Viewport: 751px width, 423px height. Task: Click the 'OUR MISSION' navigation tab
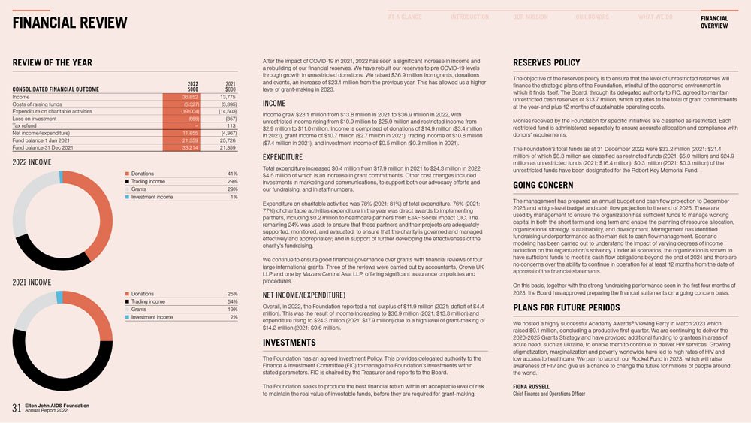point(530,17)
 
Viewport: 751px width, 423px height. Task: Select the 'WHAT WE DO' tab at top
point(655,17)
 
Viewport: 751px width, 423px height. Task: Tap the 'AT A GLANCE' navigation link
point(405,17)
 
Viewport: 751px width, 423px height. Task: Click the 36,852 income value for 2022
point(188,97)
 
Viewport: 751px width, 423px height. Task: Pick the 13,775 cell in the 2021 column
point(227,97)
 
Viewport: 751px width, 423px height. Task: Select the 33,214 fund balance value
point(188,147)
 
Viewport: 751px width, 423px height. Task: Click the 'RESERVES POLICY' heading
point(546,62)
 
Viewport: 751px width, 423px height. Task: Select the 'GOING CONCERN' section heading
point(543,186)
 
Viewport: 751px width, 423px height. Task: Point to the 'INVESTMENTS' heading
point(288,343)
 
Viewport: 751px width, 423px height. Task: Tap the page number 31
point(17,408)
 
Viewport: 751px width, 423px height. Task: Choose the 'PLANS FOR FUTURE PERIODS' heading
point(566,308)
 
